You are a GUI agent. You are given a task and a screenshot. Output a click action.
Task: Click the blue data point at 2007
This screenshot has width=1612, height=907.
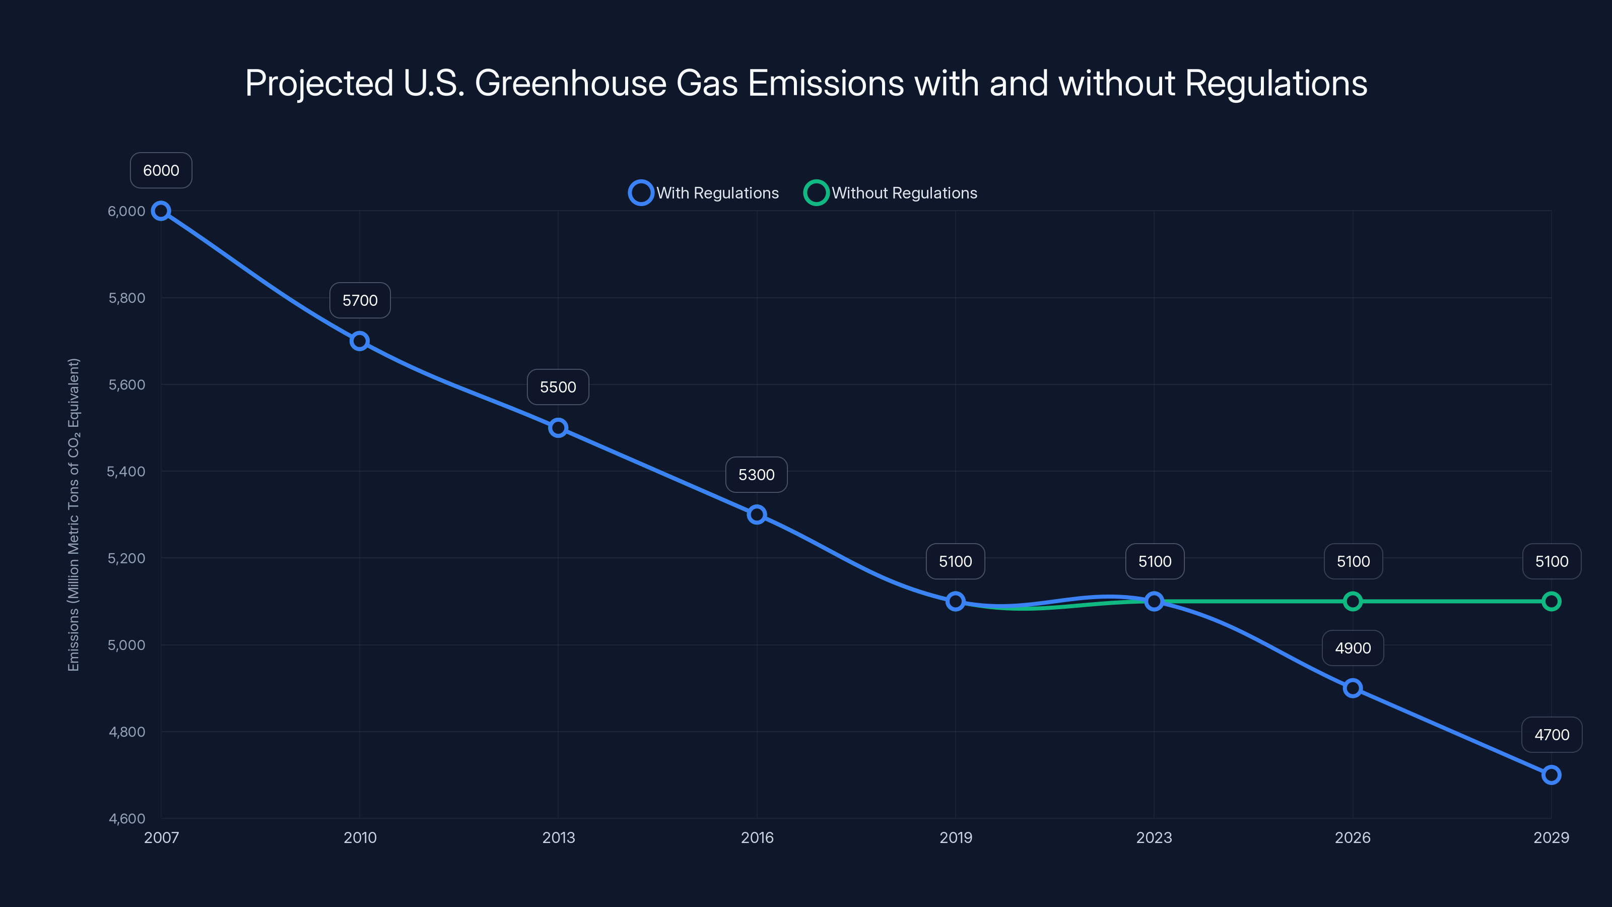161,211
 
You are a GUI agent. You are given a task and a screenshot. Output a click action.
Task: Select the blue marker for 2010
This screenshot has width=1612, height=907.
359,341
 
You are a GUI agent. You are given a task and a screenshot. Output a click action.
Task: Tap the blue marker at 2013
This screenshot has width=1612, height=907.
558,428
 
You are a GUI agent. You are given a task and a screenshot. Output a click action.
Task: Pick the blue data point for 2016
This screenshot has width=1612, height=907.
757,514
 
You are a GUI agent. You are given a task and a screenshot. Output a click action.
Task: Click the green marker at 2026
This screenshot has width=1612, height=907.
1352,602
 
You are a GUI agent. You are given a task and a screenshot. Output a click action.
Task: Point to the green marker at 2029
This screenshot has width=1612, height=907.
1552,602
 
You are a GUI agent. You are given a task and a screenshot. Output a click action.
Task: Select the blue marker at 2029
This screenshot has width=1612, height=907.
1552,775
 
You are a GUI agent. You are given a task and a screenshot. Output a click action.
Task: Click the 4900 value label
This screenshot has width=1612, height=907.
1352,648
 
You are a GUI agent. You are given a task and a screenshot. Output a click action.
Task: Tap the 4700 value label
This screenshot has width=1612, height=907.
1552,735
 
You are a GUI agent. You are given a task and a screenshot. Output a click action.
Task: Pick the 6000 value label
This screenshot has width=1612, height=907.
161,170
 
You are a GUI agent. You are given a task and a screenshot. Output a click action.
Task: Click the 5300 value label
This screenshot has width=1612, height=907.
756,475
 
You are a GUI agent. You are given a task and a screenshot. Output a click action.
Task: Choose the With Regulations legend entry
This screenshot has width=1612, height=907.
704,193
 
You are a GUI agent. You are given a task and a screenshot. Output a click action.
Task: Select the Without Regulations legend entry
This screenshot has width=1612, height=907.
891,193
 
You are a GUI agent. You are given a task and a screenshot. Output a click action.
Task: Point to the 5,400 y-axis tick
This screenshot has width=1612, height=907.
126,471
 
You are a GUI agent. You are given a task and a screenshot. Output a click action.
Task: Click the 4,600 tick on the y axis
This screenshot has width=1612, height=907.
126,818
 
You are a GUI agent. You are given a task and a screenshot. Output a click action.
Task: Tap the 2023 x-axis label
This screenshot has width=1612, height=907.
1154,837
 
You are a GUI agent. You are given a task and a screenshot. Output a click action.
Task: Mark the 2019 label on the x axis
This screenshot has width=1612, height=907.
956,837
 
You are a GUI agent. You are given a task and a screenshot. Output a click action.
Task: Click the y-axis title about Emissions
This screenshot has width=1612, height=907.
73,514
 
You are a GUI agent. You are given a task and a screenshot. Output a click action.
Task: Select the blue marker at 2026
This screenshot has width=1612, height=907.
1352,688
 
